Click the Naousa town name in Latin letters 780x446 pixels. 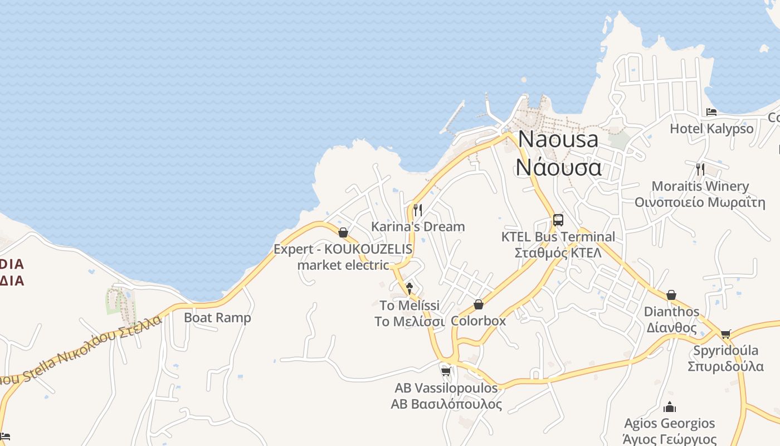558,139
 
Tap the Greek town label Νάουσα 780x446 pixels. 558,167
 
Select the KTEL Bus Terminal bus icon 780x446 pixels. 558,220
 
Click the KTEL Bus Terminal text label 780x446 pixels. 558,237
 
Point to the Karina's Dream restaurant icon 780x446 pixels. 418,210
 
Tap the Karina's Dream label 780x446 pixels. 418,226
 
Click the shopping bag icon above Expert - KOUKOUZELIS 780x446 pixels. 343,232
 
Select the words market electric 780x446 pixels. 343,265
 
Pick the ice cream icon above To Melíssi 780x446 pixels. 409,288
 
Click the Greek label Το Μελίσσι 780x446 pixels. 409,322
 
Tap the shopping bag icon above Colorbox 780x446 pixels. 479,304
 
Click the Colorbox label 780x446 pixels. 479,321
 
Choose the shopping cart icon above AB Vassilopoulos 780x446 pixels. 446,371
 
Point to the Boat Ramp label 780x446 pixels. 217,318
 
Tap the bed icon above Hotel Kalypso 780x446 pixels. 711,112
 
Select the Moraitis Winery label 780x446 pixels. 700,186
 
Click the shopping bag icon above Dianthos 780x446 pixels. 671,295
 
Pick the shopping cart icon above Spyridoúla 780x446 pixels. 725,334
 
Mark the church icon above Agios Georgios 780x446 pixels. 670,407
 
